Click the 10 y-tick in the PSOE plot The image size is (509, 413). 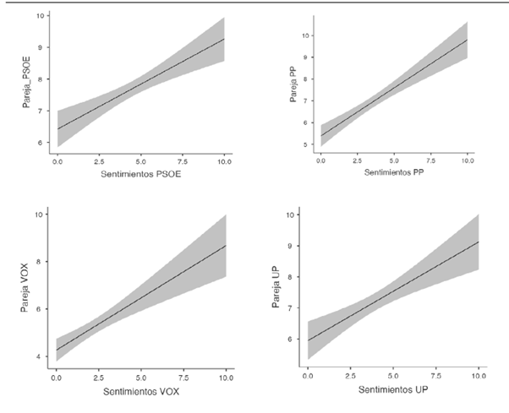(40, 16)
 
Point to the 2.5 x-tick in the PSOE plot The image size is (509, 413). (97, 159)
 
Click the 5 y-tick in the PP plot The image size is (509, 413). (307, 145)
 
